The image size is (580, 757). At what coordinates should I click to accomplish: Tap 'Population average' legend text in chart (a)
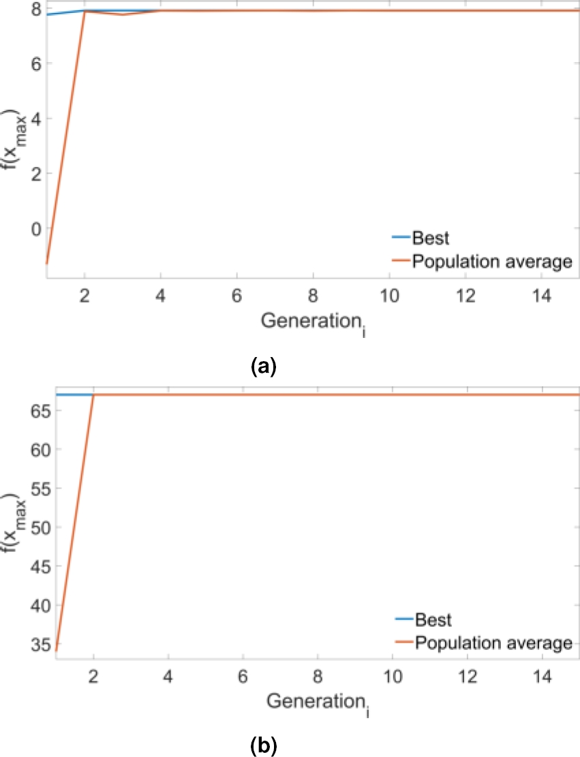493,261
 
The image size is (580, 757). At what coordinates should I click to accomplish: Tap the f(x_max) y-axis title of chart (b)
12,521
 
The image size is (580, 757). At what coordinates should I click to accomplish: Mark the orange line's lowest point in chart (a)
46,263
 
